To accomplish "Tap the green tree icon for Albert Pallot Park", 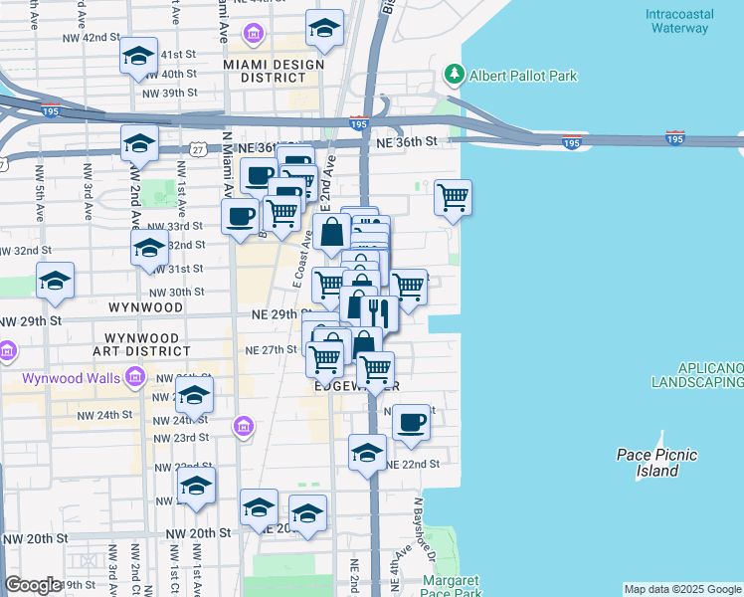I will [x=455, y=75].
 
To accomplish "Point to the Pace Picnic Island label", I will [x=656, y=463].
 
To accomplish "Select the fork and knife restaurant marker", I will [x=379, y=312].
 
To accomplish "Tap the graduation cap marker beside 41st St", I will [x=138, y=56].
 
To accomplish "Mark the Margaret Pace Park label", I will [x=452, y=585].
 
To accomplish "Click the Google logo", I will [x=33, y=585].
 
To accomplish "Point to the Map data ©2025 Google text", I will [x=681, y=589].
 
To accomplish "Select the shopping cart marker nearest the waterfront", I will [x=453, y=197].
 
